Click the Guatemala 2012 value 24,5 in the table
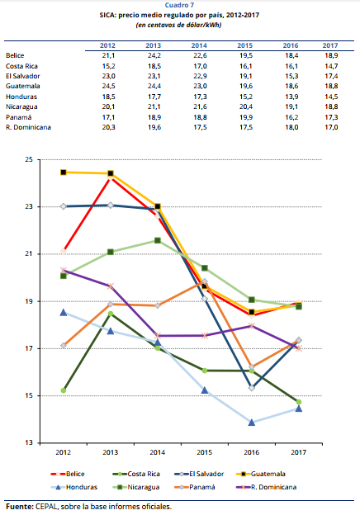108,86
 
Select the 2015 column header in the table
245,45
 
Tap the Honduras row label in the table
21,97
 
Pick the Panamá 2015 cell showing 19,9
246,117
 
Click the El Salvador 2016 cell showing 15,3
291,76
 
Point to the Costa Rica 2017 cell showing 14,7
331,66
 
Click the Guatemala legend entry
261,474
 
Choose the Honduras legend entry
74,487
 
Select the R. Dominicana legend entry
267,487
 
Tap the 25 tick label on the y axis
29,159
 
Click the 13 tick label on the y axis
29,442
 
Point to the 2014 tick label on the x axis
158,452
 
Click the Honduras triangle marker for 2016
252,423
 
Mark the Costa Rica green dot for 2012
64,390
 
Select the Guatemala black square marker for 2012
64,172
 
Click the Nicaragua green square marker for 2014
158,240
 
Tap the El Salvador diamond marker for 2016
252,388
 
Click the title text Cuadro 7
179,5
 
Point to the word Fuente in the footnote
19,507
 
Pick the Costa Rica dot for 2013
111,314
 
